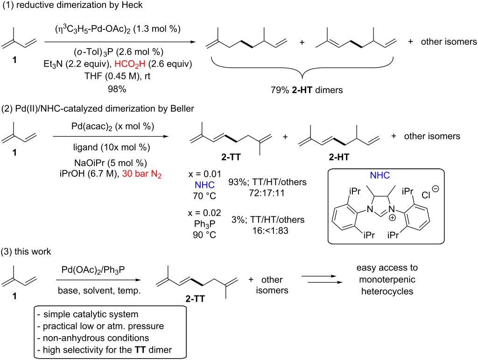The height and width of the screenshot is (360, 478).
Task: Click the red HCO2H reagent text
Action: [x=130, y=64]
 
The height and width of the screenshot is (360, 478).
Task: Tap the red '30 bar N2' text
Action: [x=142, y=174]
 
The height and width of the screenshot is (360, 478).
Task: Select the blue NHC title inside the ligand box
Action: [x=380, y=175]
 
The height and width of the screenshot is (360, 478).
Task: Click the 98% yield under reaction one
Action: [x=117, y=89]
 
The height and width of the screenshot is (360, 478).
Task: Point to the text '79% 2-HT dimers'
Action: [x=307, y=90]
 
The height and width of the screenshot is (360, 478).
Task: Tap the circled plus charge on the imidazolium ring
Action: [x=392, y=218]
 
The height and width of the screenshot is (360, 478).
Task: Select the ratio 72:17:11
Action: [x=267, y=193]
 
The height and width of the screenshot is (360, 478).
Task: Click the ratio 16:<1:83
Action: [x=270, y=230]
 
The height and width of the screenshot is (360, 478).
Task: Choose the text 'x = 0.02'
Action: [x=204, y=213]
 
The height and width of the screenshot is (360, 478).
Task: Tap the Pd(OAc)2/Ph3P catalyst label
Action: [x=93, y=270]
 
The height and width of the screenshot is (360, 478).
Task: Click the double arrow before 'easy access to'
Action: [x=321, y=279]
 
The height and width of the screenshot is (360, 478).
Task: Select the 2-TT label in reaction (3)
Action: [x=195, y=299]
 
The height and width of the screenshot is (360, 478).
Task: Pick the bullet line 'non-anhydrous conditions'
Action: [x=93, y=338]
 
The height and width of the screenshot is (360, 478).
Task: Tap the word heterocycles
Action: [x=387, y=291]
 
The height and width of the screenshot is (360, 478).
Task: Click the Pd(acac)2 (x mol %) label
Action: [x=113, y=126]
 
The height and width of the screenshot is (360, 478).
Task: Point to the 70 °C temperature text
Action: [x=204, y=195]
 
